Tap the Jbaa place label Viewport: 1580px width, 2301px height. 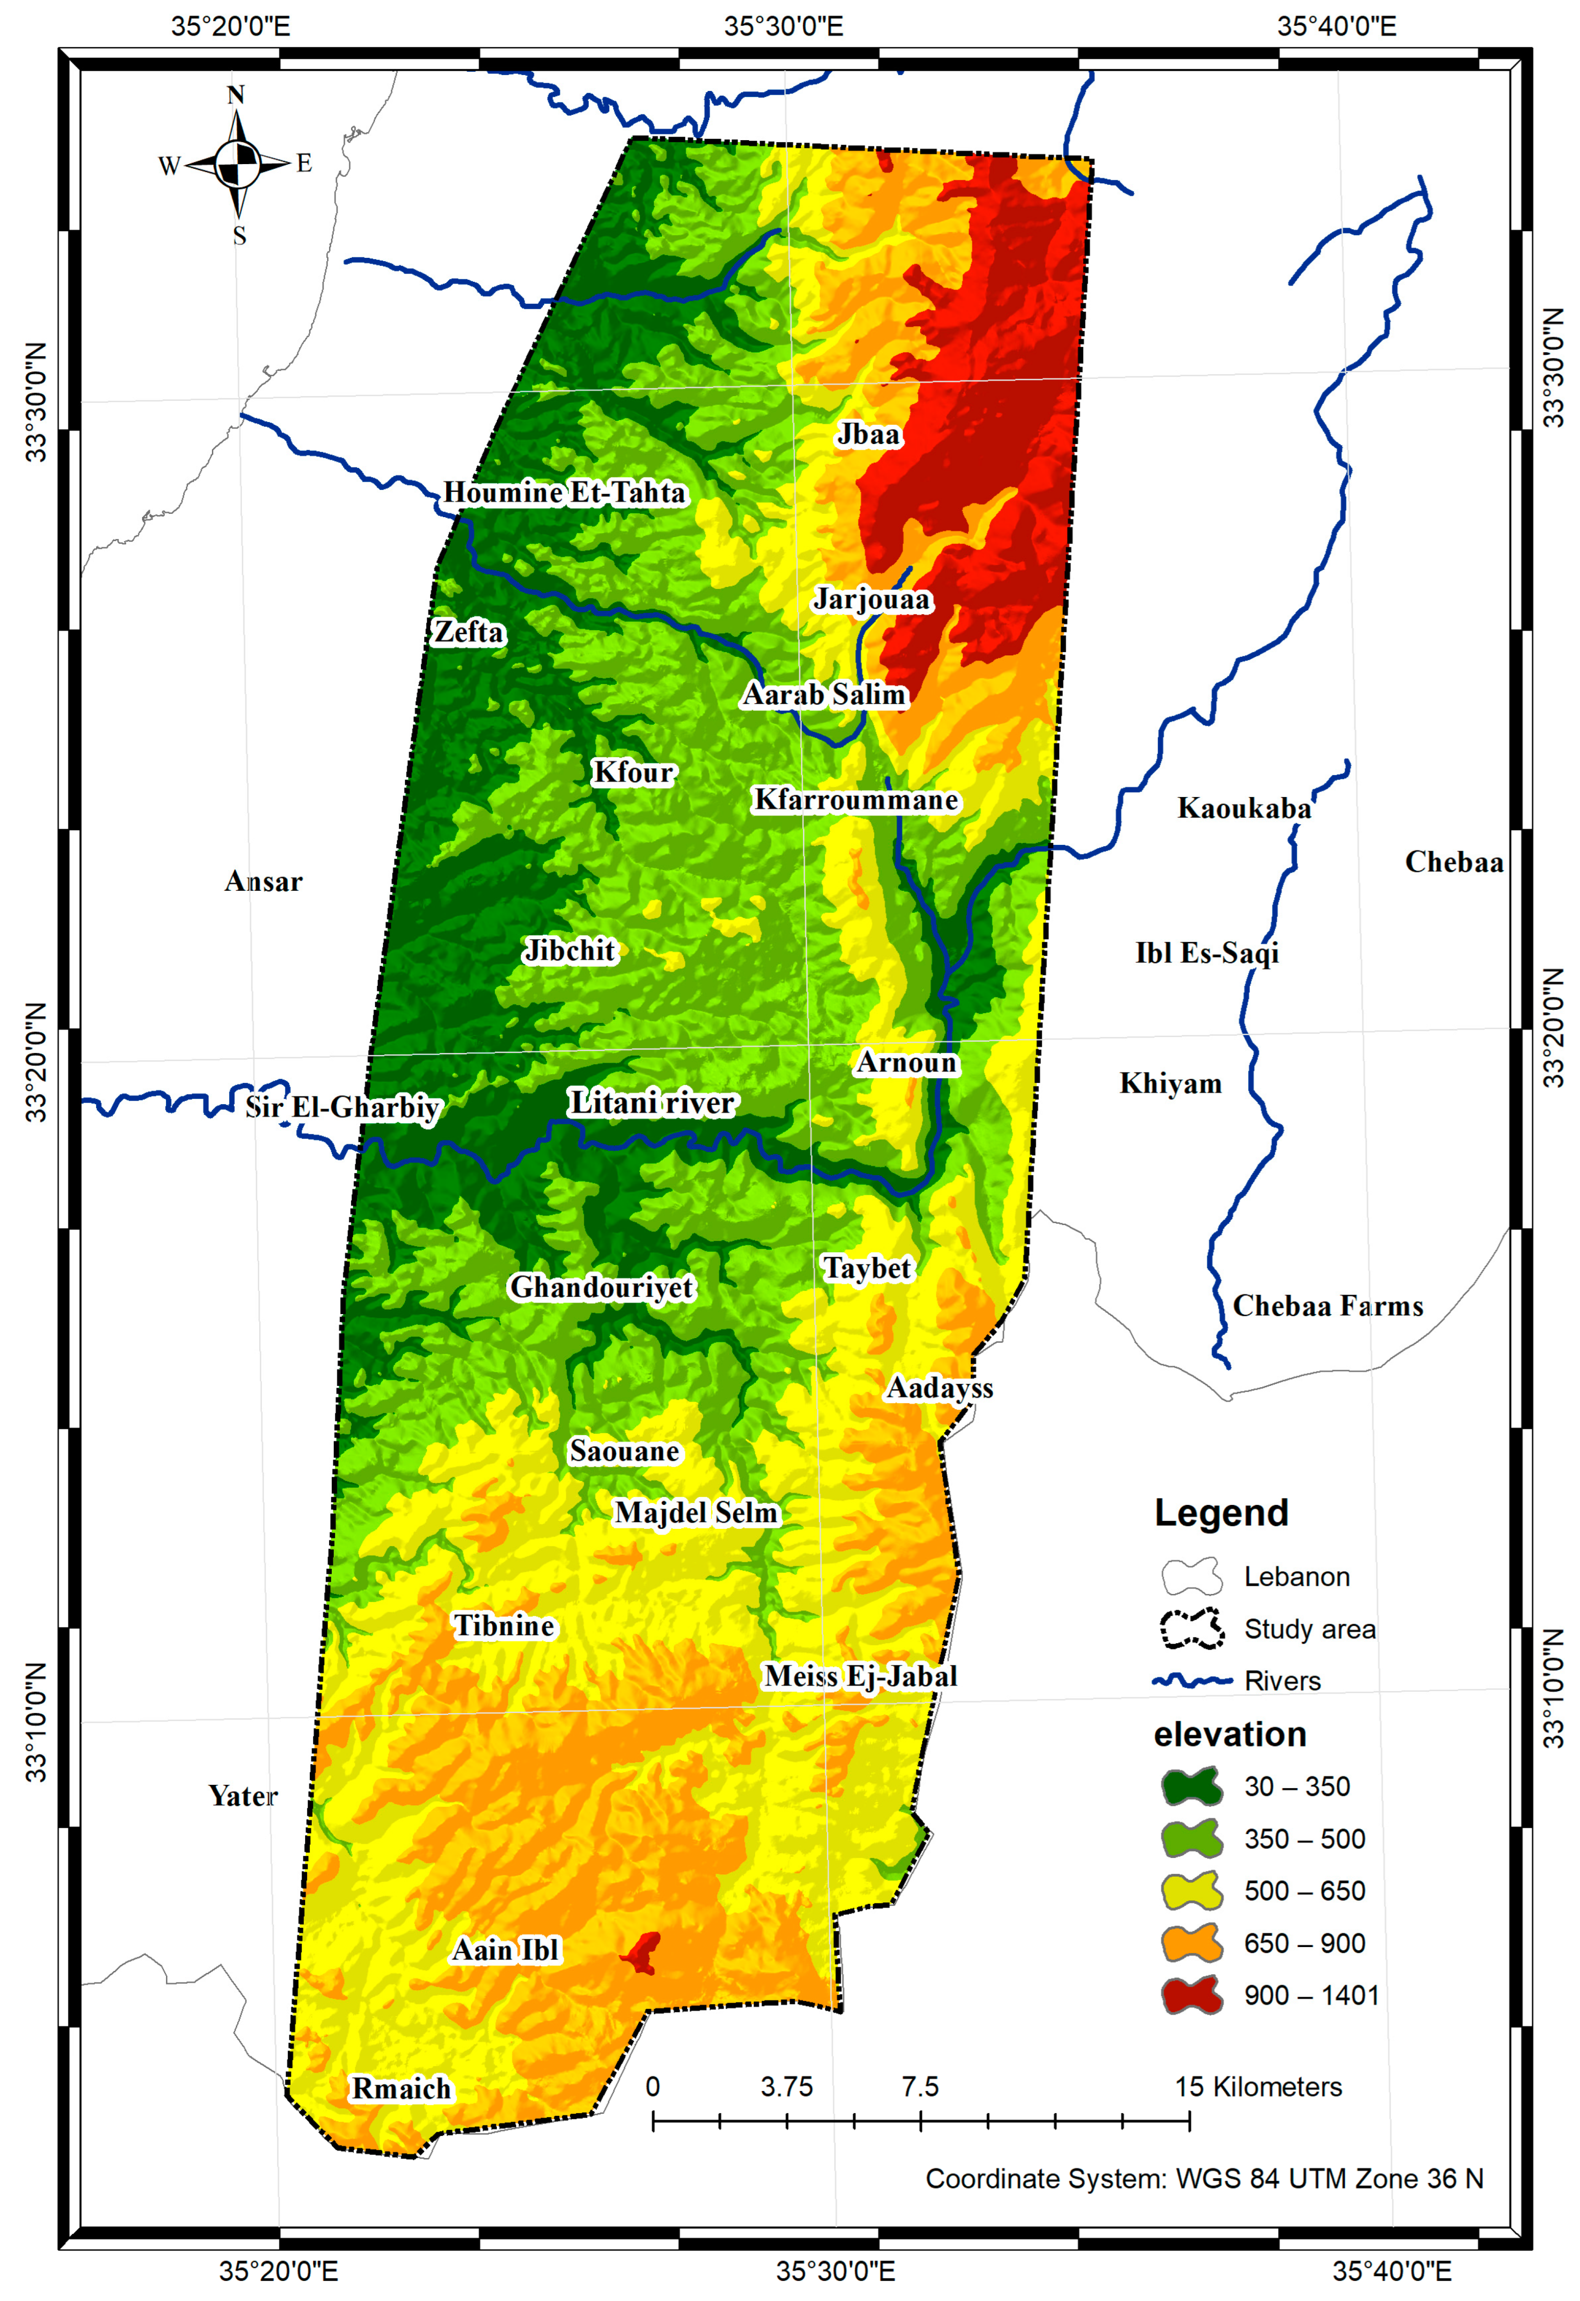pos(868,435)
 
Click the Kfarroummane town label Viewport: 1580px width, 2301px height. pos(856,800)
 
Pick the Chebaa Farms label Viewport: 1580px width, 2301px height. pos(1328,1306)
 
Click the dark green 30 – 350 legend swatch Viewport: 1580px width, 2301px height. pos(1192,1786)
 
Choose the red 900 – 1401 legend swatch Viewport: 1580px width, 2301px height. pos(1192,1995)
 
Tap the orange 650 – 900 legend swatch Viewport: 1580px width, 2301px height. pos(1192,1943)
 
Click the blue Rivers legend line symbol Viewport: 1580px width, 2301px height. pos(1192,1680)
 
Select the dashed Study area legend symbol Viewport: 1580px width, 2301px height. pos(1192,1629)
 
